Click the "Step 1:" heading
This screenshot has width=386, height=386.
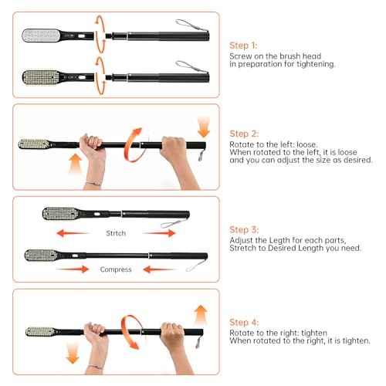(245, 46)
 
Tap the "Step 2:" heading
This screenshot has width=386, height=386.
(245, 134)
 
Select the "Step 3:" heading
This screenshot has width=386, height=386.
(245, 229)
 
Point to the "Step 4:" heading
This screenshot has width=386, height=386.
(245, 322)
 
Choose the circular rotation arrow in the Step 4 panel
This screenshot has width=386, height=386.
(134, 333)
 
